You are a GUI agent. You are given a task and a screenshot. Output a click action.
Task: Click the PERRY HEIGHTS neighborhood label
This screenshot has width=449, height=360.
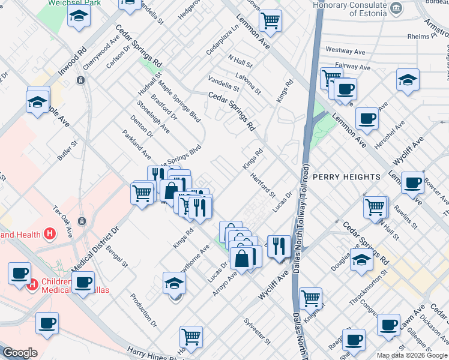pos(346,177)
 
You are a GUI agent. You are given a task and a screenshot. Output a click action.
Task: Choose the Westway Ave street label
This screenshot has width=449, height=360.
pos(346,50)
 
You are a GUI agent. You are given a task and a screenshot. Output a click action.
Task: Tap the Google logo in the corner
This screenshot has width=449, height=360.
pos(20,353)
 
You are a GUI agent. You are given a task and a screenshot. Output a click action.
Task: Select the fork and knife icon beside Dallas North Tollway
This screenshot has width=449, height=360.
pos(279,246)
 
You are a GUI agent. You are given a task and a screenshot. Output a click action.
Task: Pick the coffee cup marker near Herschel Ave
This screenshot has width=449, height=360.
pos(367,118)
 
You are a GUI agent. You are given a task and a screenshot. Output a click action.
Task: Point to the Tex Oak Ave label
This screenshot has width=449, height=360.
pos(62,222)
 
